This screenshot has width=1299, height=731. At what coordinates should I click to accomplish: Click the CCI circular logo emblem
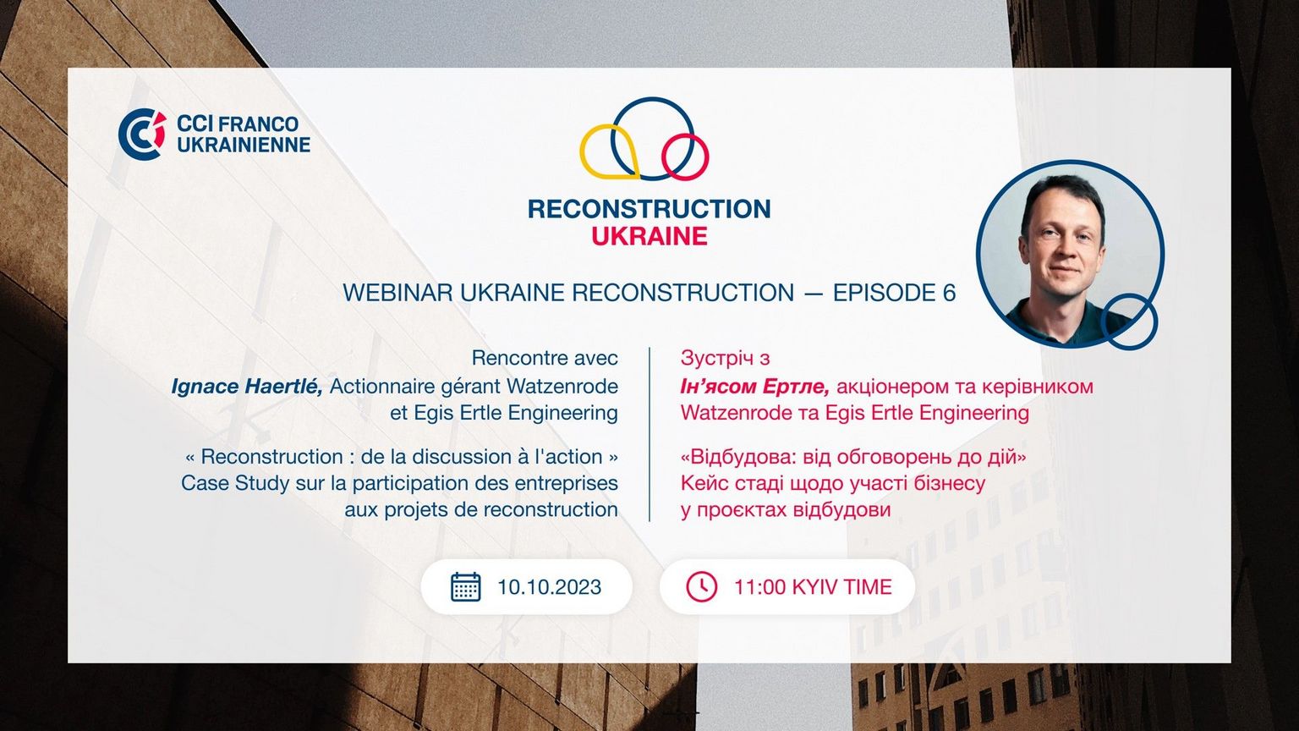coord(142,134)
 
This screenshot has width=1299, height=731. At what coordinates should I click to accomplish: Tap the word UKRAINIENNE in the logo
coord(244,145)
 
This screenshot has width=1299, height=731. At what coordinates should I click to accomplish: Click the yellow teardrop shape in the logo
coord(609,151)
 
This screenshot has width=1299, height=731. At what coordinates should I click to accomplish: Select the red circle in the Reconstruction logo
coord(686,157)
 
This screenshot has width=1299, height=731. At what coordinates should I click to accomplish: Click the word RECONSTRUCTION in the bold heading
coord(649,209)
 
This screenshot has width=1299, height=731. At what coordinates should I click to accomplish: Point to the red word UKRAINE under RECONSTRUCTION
coord(649,236)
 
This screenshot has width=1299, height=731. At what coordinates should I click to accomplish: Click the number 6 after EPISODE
coord(950,293)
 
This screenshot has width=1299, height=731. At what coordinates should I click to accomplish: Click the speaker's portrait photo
coord(1070,254)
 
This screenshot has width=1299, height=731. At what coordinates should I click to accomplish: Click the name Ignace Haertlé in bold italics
coord(247,387)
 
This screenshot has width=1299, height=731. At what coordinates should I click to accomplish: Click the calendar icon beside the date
coord(466,587)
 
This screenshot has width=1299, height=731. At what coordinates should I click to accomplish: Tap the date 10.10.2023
coord(549,587)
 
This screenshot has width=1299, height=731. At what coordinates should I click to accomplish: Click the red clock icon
coord(702,586)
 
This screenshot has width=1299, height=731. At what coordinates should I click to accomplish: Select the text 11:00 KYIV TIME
coord(813,587)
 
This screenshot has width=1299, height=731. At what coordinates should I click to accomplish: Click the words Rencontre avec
coord(545,358)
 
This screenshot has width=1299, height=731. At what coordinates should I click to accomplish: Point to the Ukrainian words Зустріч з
coord(725,359)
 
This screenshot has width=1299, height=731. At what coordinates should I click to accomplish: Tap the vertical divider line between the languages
coord(649,434)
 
